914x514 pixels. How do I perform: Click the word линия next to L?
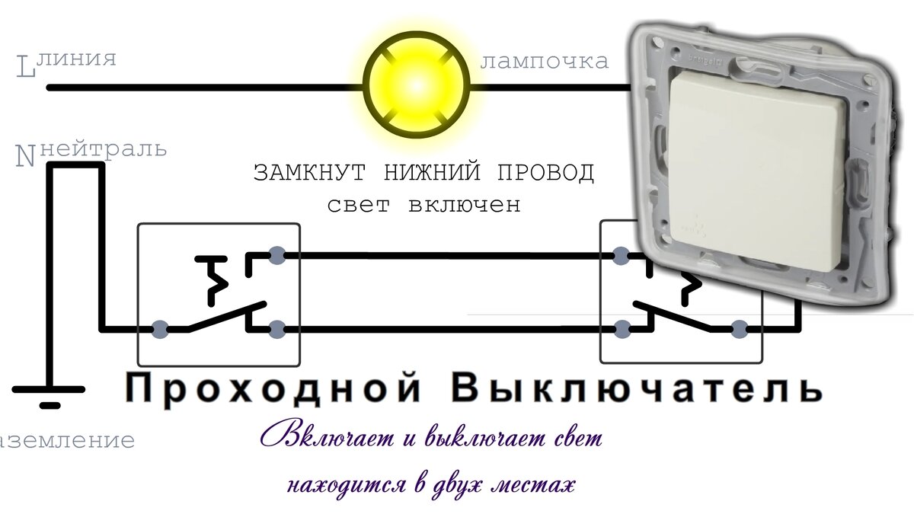pyautogui.click(x=76, y=59)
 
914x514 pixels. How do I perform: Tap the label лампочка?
pyautogui.click(x=545, y=61)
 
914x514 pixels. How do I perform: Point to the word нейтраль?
pyautogui.click(x=103, y=148)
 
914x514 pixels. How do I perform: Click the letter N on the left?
pyautogui.click(x=26, y=156)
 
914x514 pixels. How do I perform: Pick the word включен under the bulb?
pyautogui.click(x=464, y=205)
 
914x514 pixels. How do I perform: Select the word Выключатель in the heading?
pyautogui.click(x=638, y=388)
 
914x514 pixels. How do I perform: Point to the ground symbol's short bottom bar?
pyautogui.click(x=50, y=405)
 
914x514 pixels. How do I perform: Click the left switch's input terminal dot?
pyautogui.click(x=160, y=330)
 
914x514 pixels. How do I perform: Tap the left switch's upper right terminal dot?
pyautogui.click(x=277, y=255)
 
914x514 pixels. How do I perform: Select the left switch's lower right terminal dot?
pyautogui.click(x=277, y=330)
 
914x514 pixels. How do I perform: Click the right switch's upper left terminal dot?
pyautogui.click(x=622, y=255)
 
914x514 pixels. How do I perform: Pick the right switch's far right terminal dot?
pyautogui.click(x=738, y=330)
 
